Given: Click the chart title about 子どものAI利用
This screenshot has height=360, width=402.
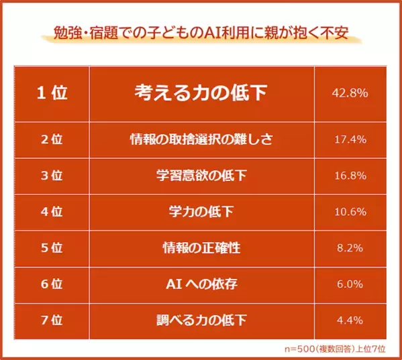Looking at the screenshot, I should coord(201,33).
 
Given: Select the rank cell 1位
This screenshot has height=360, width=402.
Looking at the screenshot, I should coord(52,93).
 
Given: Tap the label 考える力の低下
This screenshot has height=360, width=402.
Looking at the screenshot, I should coord(201,93).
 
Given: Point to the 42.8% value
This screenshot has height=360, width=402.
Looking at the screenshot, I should coord(350,93).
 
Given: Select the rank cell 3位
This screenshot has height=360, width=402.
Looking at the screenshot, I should coord(52,176).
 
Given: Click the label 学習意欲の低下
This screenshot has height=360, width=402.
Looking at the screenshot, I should coord(201,176).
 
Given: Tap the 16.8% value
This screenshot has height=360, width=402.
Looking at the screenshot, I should coord(350,176).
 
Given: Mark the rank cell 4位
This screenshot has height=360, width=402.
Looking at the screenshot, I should coord(52,213).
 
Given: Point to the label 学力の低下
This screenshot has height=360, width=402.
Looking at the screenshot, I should coord(201,213).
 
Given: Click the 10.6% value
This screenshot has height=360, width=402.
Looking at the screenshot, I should coord(350,213).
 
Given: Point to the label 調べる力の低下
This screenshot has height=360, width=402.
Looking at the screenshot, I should coord(201,320).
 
